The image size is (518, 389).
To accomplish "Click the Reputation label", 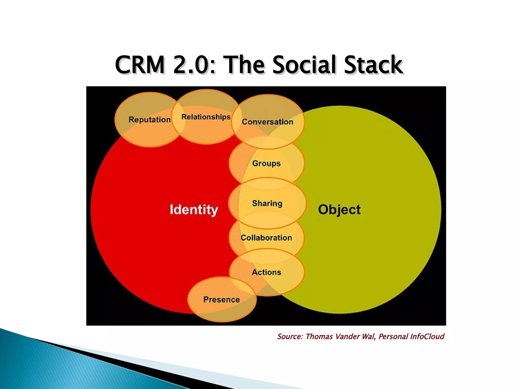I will (149, 120).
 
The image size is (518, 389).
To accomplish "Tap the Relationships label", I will (206, 117).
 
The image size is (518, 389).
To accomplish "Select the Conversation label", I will (268, 122).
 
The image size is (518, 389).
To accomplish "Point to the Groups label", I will (266, 163).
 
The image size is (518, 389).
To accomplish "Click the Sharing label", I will (267, 203).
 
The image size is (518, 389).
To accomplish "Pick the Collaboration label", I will (266, 238).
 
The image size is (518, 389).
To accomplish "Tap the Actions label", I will (266, 272).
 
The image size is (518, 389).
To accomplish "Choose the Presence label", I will (222, 300).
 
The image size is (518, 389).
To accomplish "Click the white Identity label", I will (194, 210).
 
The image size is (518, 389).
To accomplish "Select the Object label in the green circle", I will (339, 210).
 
